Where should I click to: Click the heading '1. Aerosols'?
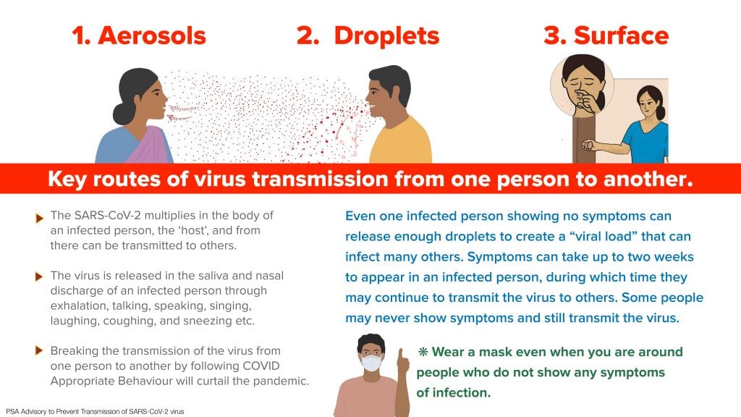pyautogui.click(x=139, y=36)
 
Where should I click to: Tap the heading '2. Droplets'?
pyautogui.click(x=368, y=36)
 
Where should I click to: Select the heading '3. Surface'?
pyautogui.click(x=606, y=36)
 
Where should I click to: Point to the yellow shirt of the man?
pyautogui.click(x=401, y=142)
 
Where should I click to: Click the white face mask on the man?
pyautogui.click(x=371, y=363)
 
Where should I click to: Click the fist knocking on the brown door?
pyautogui.click(x=588, y=145)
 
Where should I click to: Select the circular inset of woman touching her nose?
pyautogui.click(x=582, y=85)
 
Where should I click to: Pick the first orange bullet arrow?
pyautogui.click(x=39, y=219)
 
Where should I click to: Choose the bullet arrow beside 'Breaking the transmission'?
pyautogui.click(x=39, y=351)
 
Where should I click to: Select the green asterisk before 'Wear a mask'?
pyautogui.click(x=423, y=351)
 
